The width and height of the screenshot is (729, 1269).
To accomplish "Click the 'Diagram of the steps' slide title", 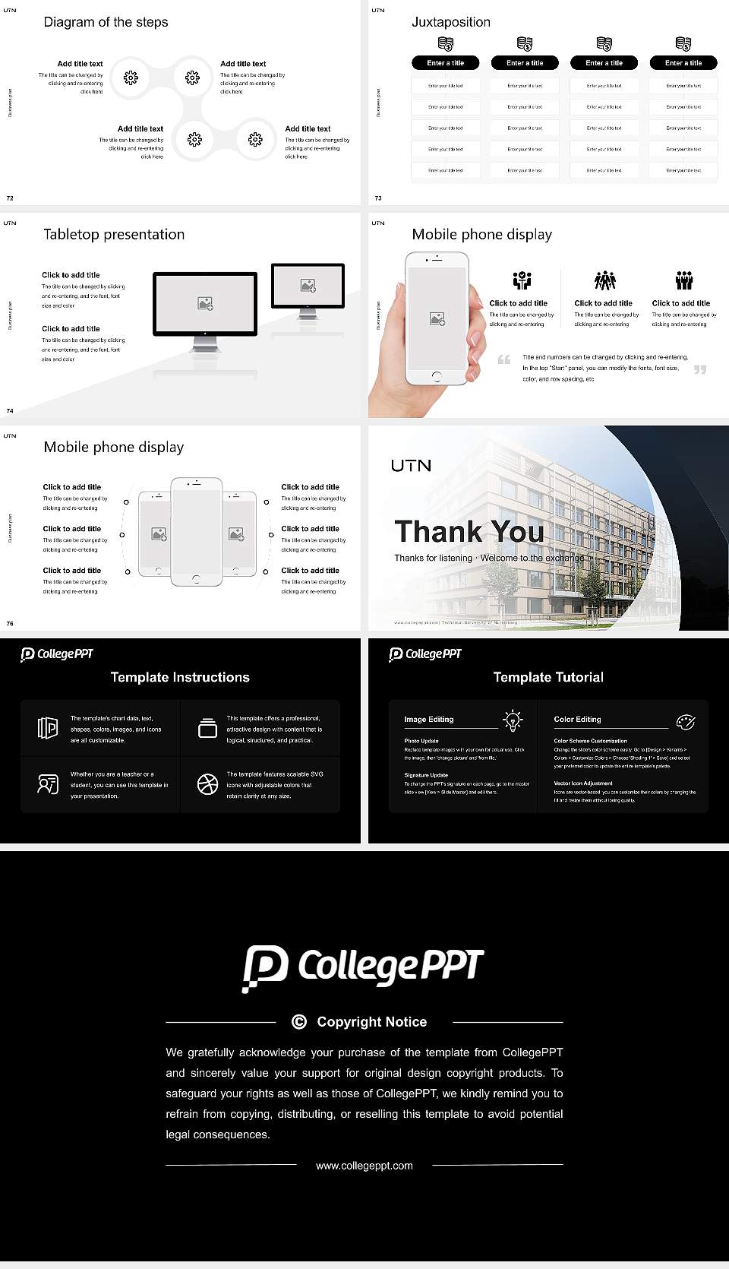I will coord(106,22).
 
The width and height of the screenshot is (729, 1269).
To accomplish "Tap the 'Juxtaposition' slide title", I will coord(450,22).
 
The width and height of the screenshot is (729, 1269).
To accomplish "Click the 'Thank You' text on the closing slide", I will coord(469,532).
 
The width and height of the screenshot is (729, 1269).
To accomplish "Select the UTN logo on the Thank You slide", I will coord(411,465).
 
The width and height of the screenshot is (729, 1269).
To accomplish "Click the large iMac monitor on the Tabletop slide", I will coord(205,304).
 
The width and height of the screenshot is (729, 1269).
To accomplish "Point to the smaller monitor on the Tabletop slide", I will coord(308,286).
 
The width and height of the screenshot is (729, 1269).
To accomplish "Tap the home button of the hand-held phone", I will coord(436,376).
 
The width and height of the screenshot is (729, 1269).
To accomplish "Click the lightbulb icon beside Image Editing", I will coord(513,720).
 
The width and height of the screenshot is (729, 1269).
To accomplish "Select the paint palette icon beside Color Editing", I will coord(685,721).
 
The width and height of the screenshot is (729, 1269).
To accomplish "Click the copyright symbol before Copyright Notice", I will coord(299,1022).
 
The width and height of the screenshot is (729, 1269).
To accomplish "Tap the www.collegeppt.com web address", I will coord(364,1166).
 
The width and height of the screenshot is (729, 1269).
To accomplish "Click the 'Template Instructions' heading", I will coord(180,677).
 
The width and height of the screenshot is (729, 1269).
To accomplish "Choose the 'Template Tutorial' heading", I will coord(548,677).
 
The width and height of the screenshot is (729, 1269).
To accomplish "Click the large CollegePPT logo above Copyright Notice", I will coord(364,967).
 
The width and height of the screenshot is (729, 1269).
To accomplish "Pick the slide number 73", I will coord(378,198).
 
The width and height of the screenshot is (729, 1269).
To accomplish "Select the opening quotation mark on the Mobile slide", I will coord(503,359).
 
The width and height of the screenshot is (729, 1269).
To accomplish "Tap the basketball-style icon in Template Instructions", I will coord(207,784).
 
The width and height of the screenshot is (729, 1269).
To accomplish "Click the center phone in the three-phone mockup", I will coord(197,532).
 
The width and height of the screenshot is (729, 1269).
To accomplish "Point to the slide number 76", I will coord(10,623).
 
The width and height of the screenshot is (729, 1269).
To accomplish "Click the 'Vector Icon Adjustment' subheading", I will coord(583,783).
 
